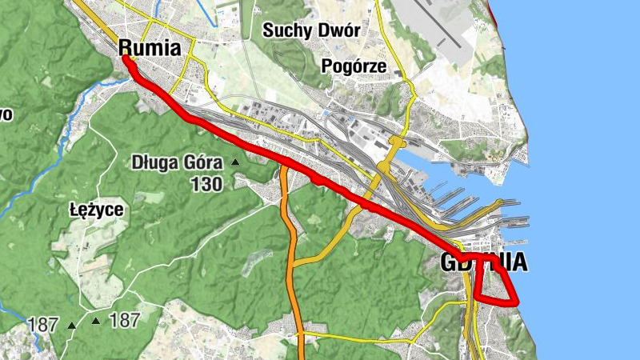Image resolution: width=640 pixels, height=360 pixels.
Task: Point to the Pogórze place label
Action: click(353, 66)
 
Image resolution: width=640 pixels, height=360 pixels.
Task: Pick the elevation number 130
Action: click(206, 184)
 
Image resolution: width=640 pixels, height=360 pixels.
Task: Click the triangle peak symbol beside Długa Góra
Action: click(235, 163)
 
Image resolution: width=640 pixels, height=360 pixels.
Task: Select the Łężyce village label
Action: click(95, 211)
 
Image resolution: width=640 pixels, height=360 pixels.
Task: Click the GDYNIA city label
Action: click(484, 262)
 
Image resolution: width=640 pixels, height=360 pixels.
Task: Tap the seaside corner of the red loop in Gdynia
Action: click(516, 302)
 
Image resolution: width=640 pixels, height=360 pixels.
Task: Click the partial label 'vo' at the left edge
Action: click(6, 114)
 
